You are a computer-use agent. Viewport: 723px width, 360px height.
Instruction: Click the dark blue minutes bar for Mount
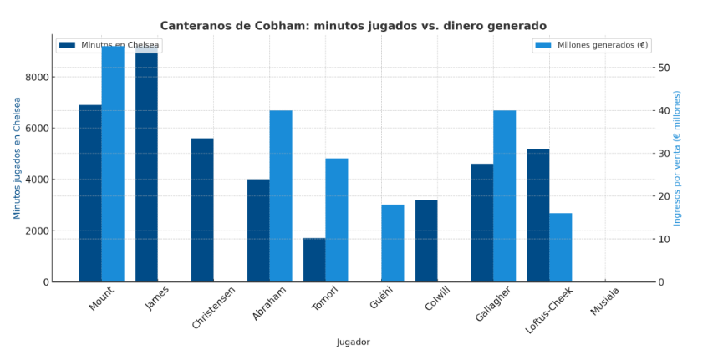coord(90,194)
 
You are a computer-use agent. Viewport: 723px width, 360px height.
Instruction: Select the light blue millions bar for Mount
coord(113,164)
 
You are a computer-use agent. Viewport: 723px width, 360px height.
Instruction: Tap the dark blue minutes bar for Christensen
coord(202,210)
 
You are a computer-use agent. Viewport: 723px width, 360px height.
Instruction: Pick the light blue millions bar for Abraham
coord(281,196)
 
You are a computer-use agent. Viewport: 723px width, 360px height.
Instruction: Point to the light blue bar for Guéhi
coord(393,243)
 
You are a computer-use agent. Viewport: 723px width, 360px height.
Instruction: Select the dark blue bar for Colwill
coord(426,241)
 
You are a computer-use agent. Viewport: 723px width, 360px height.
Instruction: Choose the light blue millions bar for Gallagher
coord(505,196)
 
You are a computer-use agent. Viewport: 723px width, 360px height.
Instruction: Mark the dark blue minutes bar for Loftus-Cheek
coord(538,215)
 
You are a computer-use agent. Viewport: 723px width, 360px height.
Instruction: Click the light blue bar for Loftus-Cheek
coord(561,247)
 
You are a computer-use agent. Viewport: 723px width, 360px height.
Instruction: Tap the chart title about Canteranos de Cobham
coord(353,26)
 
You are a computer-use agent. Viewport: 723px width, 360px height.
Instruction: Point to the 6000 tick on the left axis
coord(39,129)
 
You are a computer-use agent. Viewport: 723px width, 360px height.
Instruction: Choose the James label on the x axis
coord(157,298)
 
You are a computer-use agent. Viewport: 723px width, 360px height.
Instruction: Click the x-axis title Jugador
coord(353,342)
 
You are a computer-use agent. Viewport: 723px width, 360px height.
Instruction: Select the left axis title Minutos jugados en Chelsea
coord(17,158)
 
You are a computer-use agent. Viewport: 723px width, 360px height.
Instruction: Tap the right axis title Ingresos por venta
coord(678,158)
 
